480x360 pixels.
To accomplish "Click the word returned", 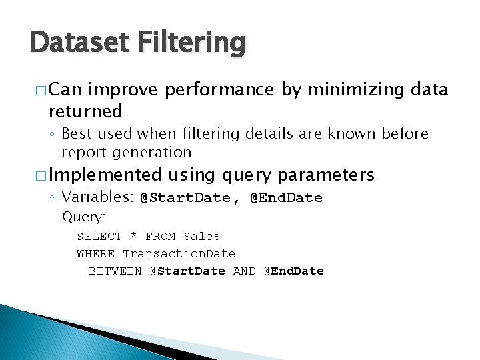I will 85,111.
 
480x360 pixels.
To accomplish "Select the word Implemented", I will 105,175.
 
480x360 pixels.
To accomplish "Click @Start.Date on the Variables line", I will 185,198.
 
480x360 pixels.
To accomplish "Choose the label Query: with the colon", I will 84,217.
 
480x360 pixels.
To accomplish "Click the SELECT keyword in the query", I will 99,236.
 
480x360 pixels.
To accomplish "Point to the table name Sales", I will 201,236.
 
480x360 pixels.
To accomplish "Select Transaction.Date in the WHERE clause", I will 179,253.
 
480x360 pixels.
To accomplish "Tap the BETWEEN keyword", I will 115,271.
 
